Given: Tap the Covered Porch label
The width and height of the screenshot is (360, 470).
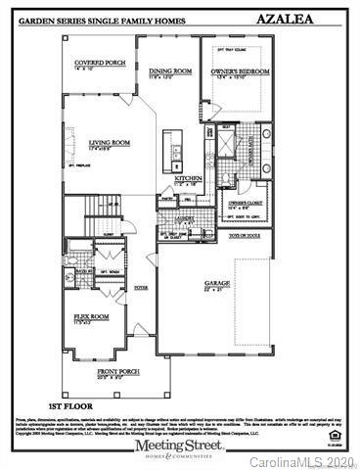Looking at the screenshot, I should tap(100, 65).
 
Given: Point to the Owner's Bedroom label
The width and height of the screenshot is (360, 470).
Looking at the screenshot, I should tap(240, 71).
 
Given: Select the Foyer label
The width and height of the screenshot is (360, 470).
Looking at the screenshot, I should tap(141, 288).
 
